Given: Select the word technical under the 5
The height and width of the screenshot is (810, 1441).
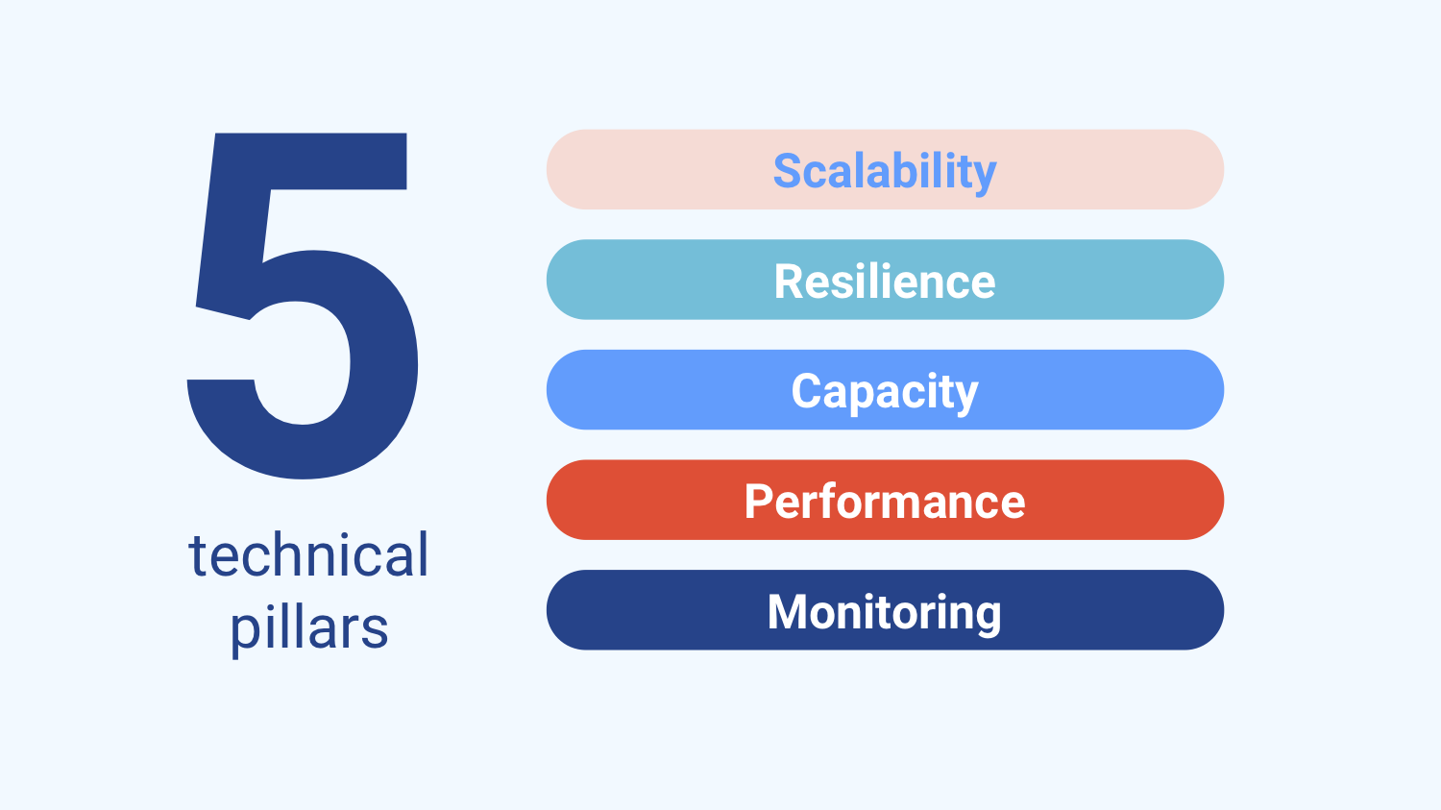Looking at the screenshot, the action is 308,554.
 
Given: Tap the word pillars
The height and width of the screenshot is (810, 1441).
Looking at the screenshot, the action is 308,629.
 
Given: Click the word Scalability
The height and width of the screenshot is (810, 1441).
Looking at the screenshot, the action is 885,172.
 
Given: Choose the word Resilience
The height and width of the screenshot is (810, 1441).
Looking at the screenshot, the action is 885,282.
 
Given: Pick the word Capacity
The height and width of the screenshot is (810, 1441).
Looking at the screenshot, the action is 885,392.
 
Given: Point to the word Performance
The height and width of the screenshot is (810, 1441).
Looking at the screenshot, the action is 885,502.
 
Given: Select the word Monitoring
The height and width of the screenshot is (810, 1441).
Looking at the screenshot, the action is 885,613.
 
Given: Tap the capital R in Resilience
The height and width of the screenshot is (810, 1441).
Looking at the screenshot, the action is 790,282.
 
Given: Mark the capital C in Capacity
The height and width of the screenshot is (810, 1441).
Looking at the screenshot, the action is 807,391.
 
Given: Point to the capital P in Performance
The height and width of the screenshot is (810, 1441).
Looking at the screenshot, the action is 759,502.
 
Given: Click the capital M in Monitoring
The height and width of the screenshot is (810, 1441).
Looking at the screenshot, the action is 787,611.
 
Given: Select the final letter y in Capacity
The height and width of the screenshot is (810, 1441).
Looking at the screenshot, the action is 965,397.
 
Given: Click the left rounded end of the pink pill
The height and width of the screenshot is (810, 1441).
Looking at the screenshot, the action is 566,169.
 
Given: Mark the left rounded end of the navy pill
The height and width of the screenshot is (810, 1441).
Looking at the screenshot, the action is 566,610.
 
